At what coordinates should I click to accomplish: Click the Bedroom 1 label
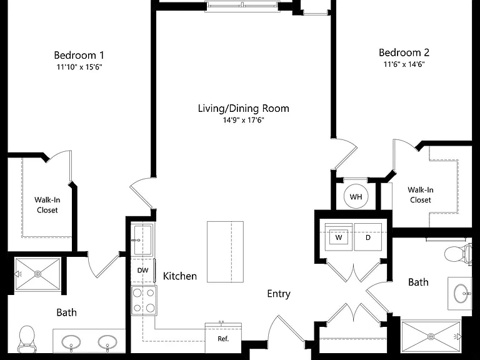point(79,56)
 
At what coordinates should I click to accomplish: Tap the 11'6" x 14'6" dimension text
point(404,64)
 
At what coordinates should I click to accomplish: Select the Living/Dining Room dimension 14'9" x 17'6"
point(243,120)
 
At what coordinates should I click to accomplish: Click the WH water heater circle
point(356,196)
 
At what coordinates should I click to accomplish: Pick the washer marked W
point(339,237)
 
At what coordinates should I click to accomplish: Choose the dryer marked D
point(368,237)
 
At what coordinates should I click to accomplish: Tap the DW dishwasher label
point(142,270)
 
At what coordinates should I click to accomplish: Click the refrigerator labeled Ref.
point(223,338)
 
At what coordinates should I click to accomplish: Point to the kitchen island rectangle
point(225,252)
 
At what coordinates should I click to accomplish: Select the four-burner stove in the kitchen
point(144,301)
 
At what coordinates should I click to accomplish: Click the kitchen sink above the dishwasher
point(143,240)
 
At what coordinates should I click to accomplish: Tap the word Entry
point(279,294)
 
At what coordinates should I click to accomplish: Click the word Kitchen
point(180,276)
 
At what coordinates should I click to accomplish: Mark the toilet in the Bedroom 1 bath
point(26,339)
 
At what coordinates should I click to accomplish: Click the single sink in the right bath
point(461,293)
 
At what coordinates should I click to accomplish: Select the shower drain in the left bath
point(38,274)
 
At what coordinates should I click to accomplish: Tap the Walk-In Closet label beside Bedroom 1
point(47,205)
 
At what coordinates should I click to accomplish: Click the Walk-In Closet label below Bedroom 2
point(420,195)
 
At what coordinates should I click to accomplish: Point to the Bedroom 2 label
point(404,52)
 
